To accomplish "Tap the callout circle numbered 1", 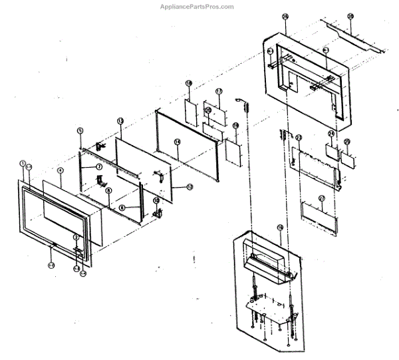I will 22,163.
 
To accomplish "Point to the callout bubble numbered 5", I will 79,130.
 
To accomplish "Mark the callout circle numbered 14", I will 177,142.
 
